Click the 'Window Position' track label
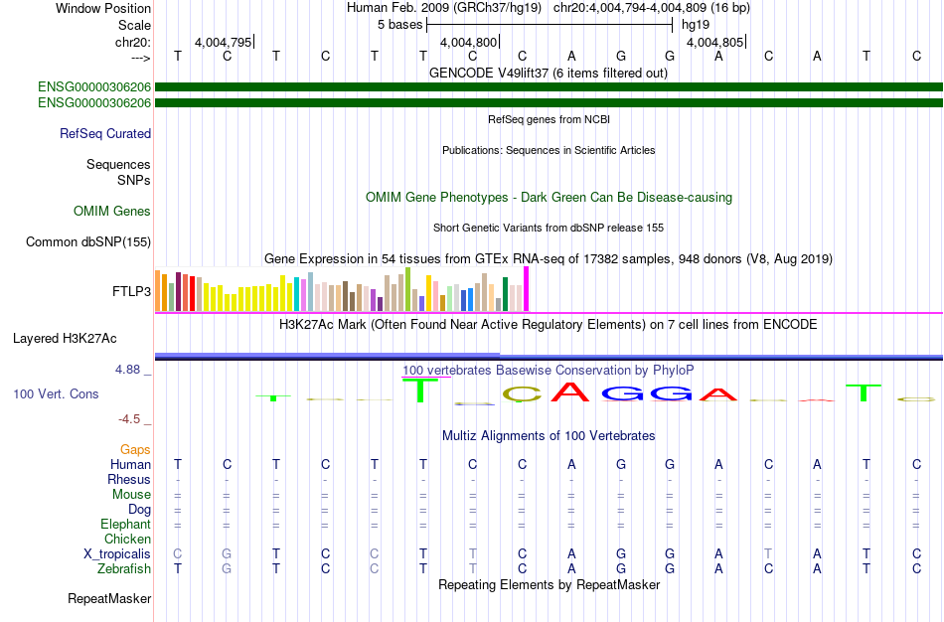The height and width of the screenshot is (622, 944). click(103, 8)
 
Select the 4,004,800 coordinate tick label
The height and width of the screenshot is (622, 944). click(468, 42)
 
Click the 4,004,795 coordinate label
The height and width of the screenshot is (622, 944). click(223, 42)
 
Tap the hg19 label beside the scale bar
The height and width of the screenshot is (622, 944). click(696, 25)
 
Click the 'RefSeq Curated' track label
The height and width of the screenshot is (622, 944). click(105, 134)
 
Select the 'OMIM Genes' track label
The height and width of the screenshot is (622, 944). click(112, 211)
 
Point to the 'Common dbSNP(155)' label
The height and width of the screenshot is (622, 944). click(88, 242)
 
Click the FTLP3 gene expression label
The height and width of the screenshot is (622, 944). click(131, 291)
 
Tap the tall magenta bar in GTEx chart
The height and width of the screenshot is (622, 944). click(527, 289)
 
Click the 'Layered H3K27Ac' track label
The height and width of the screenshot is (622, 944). click(65, 339)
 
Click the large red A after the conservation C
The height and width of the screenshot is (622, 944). click(570, 392)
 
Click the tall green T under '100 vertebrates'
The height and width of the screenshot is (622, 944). click(420, 390)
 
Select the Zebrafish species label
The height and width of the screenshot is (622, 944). click(124, 569)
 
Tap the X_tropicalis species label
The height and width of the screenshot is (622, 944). click(117, 554)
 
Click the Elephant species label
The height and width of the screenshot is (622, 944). click(125, 524)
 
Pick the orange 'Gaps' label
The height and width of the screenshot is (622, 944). click(135, 450)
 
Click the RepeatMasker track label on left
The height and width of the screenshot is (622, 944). click(109, 598)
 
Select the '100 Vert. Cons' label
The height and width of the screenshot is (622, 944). click(56, 393)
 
